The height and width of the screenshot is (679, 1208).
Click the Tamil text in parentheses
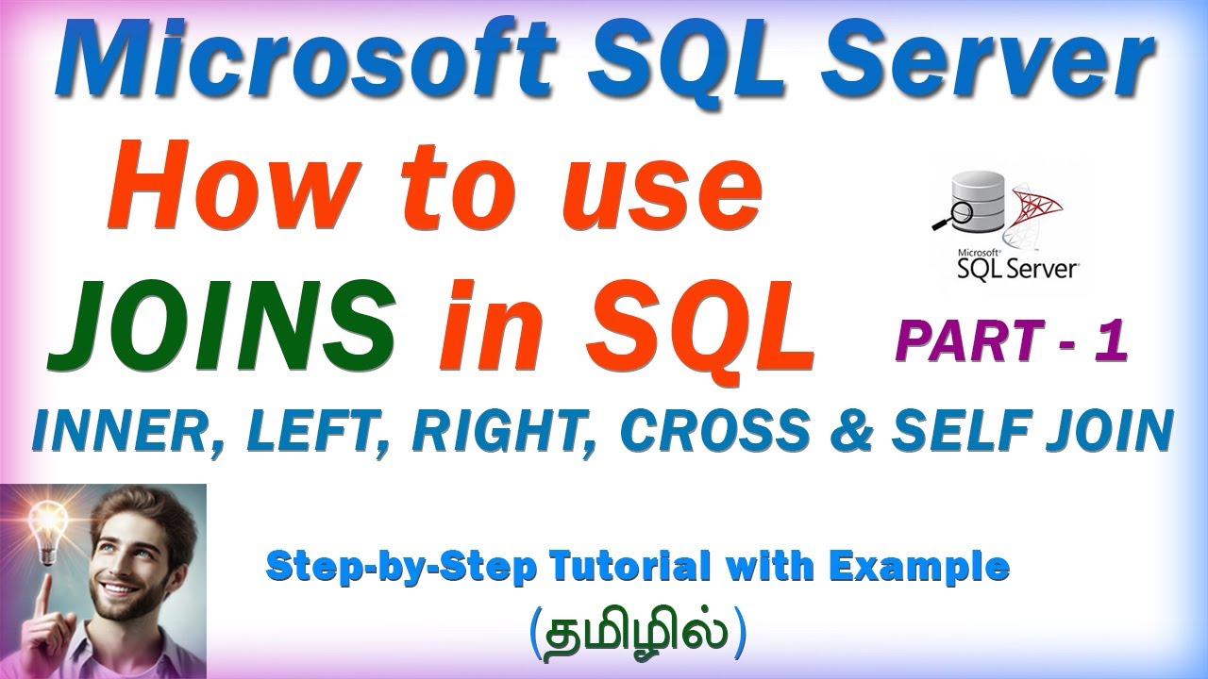638,631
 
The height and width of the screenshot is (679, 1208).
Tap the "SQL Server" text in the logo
1017,268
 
